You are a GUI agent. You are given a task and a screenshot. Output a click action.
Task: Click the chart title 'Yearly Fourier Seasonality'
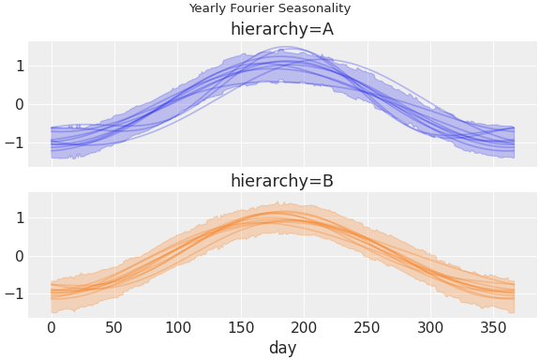270,8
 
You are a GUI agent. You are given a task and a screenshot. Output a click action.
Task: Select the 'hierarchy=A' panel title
282,29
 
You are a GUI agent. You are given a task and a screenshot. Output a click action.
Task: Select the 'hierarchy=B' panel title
282,181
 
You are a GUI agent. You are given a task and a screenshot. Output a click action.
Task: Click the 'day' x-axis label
282,348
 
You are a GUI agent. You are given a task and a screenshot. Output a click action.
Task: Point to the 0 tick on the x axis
52,327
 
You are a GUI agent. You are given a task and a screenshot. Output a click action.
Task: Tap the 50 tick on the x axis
114,327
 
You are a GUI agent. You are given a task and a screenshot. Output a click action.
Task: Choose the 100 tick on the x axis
178,327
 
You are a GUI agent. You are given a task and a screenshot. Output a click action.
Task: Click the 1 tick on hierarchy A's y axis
19,66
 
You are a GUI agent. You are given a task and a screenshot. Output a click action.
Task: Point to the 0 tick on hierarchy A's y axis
19,104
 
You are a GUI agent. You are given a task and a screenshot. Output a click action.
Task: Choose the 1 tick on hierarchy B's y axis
19,217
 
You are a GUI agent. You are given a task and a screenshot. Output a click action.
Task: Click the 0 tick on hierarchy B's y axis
19,256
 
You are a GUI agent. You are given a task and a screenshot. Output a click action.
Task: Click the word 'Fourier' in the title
253,8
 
